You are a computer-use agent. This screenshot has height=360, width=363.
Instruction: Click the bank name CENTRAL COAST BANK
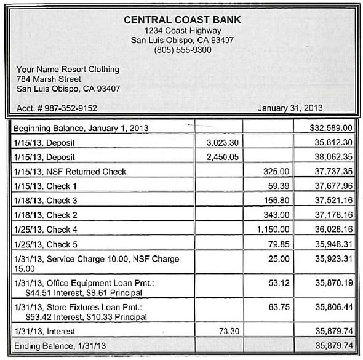click(182, 19)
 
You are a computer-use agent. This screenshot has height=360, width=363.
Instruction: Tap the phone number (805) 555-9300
click(182, 50)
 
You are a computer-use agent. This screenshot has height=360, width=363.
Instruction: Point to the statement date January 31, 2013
click(290, 108)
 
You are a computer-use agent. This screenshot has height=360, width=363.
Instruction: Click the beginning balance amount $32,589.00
click(331, 128)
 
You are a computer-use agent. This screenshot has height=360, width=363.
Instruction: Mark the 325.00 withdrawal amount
click(276, 171)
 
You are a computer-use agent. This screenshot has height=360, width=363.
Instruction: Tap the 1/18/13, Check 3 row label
click(45, 200)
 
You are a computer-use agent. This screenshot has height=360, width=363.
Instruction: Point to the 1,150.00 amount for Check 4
click(273, 229)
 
